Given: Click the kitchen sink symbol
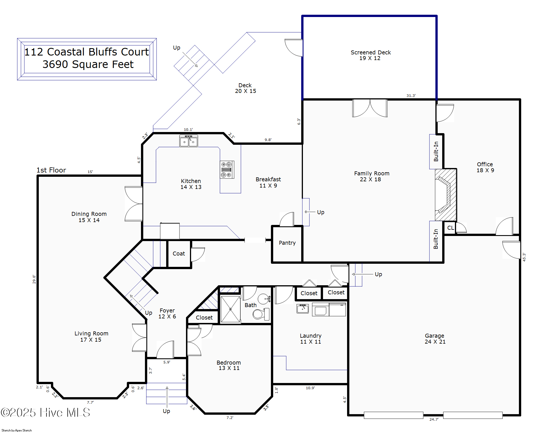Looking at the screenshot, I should [189, 141].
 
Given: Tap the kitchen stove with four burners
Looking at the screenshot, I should [227, 170].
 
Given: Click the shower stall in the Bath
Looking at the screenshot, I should [230, 309].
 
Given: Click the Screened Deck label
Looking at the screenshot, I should [370, 53].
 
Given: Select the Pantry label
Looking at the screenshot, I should [287, 243].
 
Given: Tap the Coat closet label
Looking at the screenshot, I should [179, 254].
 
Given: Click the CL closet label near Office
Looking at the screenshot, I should [450, 228].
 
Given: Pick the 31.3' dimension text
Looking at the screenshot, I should [411, 96].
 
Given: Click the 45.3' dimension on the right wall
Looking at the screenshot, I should [524, 257].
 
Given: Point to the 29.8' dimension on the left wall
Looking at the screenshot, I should [34, 279].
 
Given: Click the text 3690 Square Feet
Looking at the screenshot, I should [88, 65].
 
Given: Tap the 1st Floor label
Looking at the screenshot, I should [51, 170].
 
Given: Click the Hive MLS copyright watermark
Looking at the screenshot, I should [45, 412].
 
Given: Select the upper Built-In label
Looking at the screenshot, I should [436, 152].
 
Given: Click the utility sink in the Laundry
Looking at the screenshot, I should [302, 308].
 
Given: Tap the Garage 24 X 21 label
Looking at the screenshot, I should [435, 339].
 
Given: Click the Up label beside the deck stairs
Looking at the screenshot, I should [176, 48].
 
